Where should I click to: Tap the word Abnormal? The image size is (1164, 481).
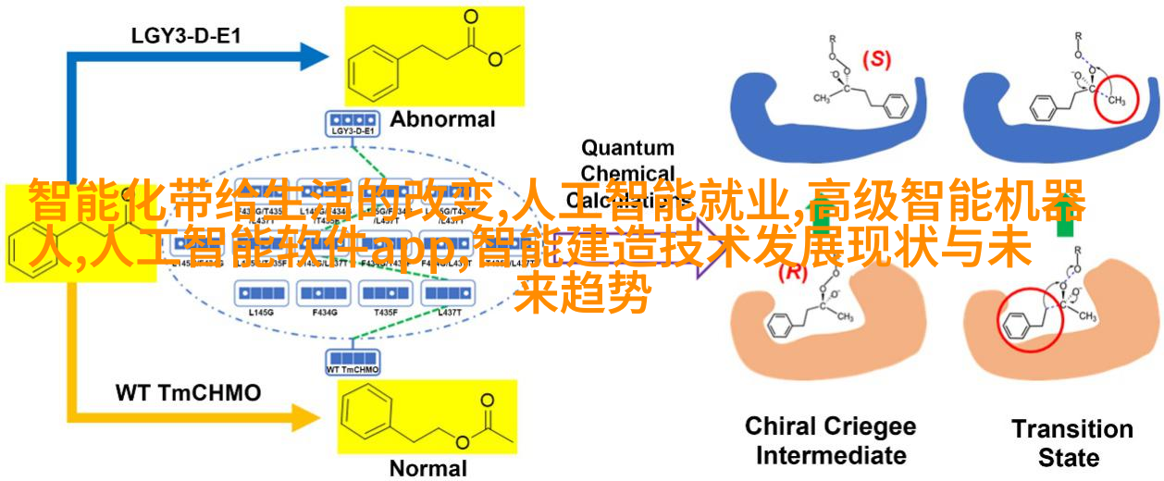(442, 119)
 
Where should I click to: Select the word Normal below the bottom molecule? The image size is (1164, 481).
(427, 467)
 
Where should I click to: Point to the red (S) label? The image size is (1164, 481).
(876, 60)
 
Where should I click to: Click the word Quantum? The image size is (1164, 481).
(627, 147)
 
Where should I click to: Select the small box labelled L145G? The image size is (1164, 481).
(261, 293)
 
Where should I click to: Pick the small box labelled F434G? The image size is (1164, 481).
(324, 293)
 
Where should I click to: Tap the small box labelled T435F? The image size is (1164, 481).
(387, 293)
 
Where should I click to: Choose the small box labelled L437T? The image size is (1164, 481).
(450, 293)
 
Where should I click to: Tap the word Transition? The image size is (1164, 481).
(1071, 429)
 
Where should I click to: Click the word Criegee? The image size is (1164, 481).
(870, 426)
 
